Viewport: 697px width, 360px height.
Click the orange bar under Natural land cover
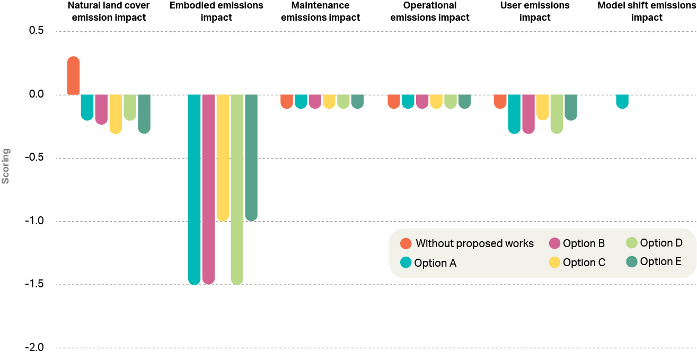tap(74, 76)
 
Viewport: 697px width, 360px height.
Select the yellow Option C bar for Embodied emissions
tap(223, 157)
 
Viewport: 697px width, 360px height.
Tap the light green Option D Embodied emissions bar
tap(237, 189)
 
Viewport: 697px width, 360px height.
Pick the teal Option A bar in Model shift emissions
tap(622, 101)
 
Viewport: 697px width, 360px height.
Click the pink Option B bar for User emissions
tap(528, 113)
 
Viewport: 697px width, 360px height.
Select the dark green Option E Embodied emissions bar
tap(251, 157)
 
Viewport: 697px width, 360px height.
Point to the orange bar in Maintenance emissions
tap(287, 101)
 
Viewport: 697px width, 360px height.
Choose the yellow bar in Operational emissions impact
tap(436, 101)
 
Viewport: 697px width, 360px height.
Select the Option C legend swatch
tap(555, 262)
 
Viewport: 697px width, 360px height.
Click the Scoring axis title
tap(6, 166)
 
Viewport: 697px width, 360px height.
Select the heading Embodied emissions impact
tap(216, 12)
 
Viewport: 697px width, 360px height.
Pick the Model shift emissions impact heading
tap(647, 12)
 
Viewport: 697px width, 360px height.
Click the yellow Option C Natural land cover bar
tap(116, 113)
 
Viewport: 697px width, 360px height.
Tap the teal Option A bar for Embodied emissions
tap(194, 189)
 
